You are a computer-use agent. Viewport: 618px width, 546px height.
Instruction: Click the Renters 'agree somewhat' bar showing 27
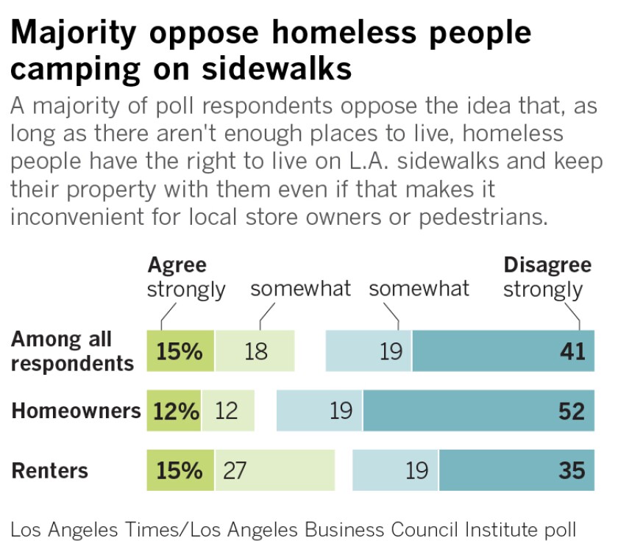(274, 470)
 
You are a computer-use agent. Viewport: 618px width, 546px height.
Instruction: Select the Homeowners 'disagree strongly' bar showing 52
(478, 411)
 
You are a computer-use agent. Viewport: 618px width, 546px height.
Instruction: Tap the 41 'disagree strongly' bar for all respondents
(502, 351)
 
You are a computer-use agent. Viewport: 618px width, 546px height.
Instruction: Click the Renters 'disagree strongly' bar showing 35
(516, 470)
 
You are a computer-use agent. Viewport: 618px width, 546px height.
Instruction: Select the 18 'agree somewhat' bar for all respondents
(255, 351)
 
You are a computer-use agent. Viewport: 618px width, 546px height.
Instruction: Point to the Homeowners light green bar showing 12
(227, 411)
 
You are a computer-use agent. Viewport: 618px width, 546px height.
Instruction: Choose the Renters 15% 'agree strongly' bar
(180, 470)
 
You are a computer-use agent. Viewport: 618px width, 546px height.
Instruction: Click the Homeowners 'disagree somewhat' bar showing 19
(319, 411)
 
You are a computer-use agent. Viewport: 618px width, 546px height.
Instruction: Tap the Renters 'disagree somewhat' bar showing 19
(395, 470)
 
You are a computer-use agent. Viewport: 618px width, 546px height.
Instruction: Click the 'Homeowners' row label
(76, 411)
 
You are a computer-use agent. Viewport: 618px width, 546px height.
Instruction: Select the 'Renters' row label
(50, 470)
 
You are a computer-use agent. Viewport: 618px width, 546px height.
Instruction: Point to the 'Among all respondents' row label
(72, 351)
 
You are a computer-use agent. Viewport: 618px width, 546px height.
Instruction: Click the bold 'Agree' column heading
(177, 265)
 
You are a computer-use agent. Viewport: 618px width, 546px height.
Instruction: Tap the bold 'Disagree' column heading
(547, 265)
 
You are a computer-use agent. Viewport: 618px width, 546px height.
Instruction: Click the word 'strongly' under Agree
(186, 290)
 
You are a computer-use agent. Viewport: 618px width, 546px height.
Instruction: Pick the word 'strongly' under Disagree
(543, 290)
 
